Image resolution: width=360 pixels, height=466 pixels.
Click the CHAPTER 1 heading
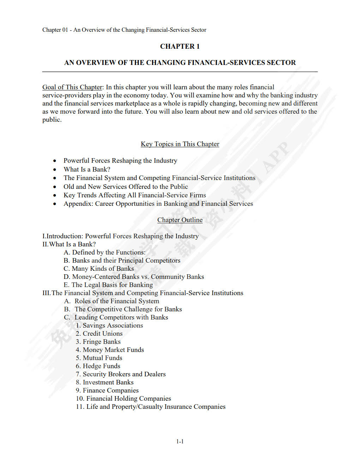[180, 46]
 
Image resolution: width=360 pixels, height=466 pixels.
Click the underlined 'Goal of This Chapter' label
[72, 87]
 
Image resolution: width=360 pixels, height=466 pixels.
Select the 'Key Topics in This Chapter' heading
[180, 144]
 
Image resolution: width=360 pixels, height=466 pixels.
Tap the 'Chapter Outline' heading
[180, 220]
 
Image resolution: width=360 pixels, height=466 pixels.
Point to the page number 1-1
[180, 441]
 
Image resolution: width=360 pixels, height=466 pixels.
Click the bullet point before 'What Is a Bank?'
[55, 170]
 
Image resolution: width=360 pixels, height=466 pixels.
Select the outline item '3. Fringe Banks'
[98, 342]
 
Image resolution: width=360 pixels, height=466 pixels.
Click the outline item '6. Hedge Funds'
[98, 366]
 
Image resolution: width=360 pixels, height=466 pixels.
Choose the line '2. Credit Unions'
[99, 334]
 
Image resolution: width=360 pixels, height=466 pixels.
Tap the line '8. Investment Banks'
[104, 382]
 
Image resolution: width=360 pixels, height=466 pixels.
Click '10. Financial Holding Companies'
[123, 399]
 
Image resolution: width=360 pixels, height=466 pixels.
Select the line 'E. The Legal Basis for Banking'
[108, 285]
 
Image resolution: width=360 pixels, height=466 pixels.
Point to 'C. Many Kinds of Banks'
[99, 269]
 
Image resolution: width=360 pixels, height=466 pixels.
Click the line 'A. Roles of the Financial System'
[112, 301]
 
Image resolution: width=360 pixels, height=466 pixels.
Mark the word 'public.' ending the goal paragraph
[52, 120]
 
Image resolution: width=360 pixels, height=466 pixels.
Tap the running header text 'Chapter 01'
[55, 30]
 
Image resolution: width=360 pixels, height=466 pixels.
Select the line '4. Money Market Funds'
[110, 350]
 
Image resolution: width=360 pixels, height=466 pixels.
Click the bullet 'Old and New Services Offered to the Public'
[126, 187]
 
